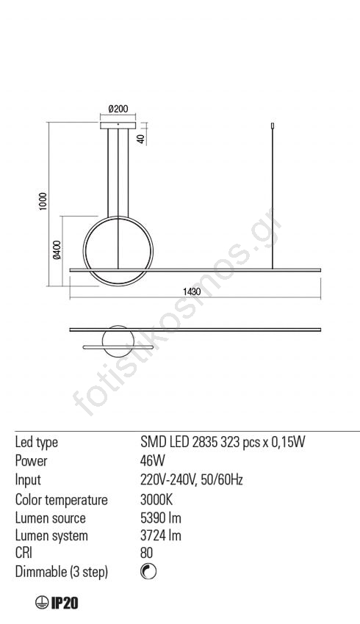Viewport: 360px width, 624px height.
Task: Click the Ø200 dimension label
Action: [x=118, y=109]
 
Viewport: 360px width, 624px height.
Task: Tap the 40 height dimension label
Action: [x=140, y=139]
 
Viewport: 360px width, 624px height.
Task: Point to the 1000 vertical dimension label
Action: [x=43, y=201]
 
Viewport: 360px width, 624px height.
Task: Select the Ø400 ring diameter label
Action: [x=57, y=250]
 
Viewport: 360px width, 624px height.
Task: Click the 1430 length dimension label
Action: [x=192, y=291]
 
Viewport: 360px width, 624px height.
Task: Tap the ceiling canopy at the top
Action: [x=118, y=126]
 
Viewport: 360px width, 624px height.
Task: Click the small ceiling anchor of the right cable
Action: [x=272, y=126]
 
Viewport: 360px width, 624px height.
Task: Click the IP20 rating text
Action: [x=65, y=603]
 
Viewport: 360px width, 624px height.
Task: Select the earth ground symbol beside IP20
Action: [x=41, y=603]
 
